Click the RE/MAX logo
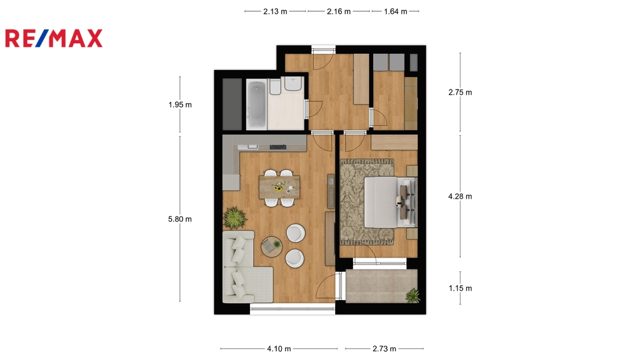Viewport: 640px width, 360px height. click(54, 38)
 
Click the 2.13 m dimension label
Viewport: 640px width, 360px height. click(275, 11)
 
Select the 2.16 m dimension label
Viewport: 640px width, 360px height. click(338, 11)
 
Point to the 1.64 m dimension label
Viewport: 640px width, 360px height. click(395, 11)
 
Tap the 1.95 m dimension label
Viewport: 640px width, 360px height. click(180, 105)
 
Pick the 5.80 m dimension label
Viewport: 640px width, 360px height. click(180, 219)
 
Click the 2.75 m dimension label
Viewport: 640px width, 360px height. click(460, 92)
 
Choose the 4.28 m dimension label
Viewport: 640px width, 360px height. click(460, 196)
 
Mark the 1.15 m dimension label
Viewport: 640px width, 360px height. click(460, 288)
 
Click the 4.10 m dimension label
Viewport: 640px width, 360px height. click(279, 349)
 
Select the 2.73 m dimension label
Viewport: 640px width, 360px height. click(384, 349)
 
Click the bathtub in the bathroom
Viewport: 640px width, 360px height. click(256, 105)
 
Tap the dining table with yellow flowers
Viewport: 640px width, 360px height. click(279, 187)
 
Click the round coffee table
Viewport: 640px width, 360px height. click(271, 246)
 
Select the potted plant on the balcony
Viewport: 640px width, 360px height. click(413, 296)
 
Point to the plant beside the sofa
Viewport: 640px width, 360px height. click(235, 217)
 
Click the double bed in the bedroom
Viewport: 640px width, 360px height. click(390, 202)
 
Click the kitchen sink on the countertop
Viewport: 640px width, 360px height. click(248, 146)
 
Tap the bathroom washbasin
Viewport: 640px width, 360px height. click(293, 84)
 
